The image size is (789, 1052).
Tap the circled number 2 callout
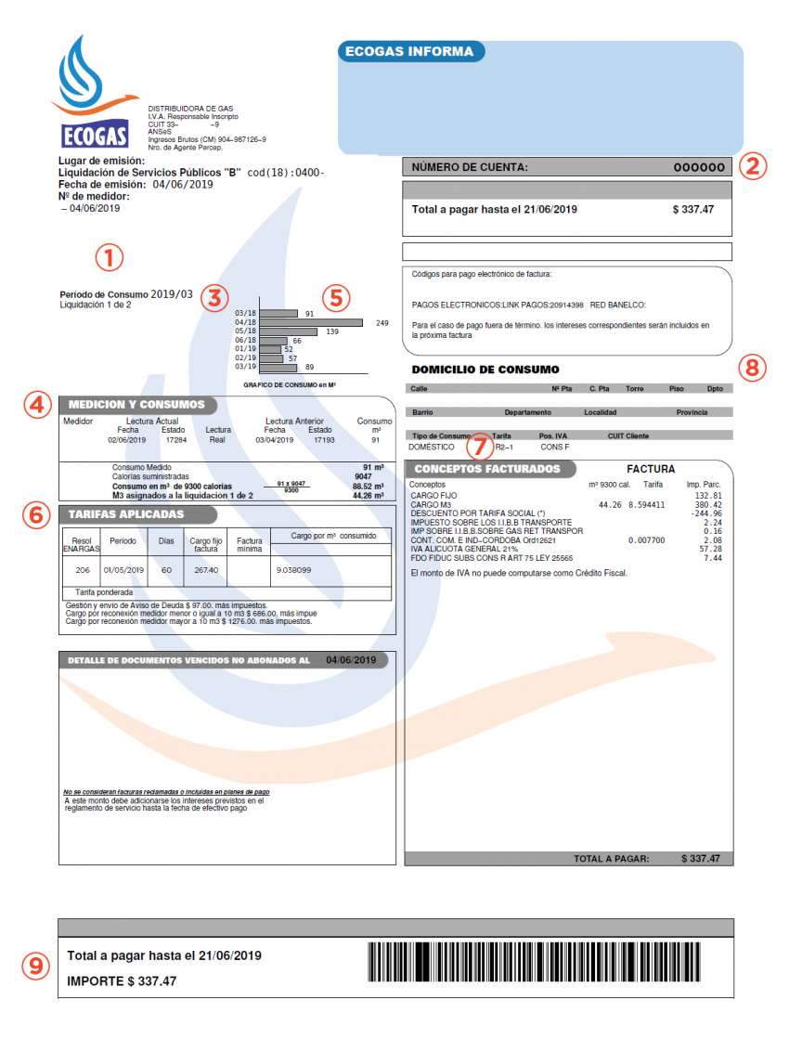tap(754, 167)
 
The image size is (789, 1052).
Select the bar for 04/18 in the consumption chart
tap(311, 322)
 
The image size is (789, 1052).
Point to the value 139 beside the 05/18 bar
tap(332, 331)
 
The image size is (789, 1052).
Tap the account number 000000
tap(699, 168)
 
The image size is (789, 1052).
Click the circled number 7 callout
tap(478, 447)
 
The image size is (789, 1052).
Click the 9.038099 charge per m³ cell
tap(293, 569)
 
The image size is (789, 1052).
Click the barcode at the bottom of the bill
tap(534, 961)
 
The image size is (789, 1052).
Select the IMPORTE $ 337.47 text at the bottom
tap(122, 981)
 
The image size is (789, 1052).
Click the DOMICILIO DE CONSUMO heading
tap(485, 370)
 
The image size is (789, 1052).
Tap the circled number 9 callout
tap(35, 966)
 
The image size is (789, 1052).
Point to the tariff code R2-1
tap(504, 447)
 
